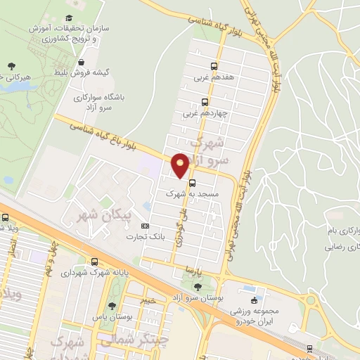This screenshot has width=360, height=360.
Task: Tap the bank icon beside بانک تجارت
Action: tap(146, 226)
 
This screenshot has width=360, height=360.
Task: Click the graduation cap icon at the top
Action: tap(68, 18)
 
